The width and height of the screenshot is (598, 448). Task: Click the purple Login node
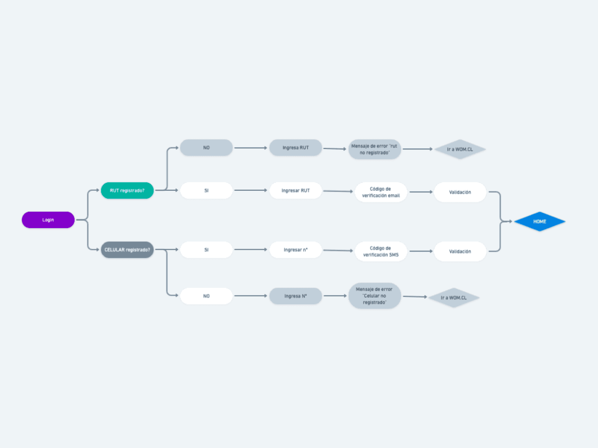click(x=48, y=220)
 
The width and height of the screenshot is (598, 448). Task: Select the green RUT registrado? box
click(x=127, y=190)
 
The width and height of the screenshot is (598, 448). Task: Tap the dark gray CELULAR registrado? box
click(x=127, y=250)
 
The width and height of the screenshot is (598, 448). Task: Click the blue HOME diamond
click(x=540, y=221)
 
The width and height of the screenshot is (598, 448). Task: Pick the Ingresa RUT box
click(x=296, y=148)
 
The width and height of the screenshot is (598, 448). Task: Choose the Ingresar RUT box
click(x=296, y=190)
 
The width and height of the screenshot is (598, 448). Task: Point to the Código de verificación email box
click(x=381, y=192)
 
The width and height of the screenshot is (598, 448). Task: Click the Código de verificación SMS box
click(x=381, y=251)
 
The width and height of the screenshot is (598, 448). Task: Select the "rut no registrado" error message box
click(x=374, y=149)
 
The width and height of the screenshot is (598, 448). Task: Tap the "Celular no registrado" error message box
click(x=374, y=296)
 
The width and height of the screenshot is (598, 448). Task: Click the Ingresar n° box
click(x=296, y=250)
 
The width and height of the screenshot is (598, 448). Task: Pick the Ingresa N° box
click(x=296, y=296)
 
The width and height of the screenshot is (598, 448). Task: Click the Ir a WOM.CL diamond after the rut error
click(x=460, y=149)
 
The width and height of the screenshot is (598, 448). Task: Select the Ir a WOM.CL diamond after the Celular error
click(x=454, y=298)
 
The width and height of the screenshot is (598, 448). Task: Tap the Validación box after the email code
click(x=460, y=192)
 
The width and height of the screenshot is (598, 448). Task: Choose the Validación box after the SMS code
click(x=460, y=251)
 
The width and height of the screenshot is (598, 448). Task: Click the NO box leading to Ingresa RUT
click(x=206, y=148)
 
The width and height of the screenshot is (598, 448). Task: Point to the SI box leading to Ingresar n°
click(x=206, y=250)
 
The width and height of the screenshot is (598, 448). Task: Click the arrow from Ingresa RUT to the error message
click(x=335, y=149)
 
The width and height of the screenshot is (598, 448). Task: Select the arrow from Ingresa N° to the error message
click(x=335, y=296)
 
